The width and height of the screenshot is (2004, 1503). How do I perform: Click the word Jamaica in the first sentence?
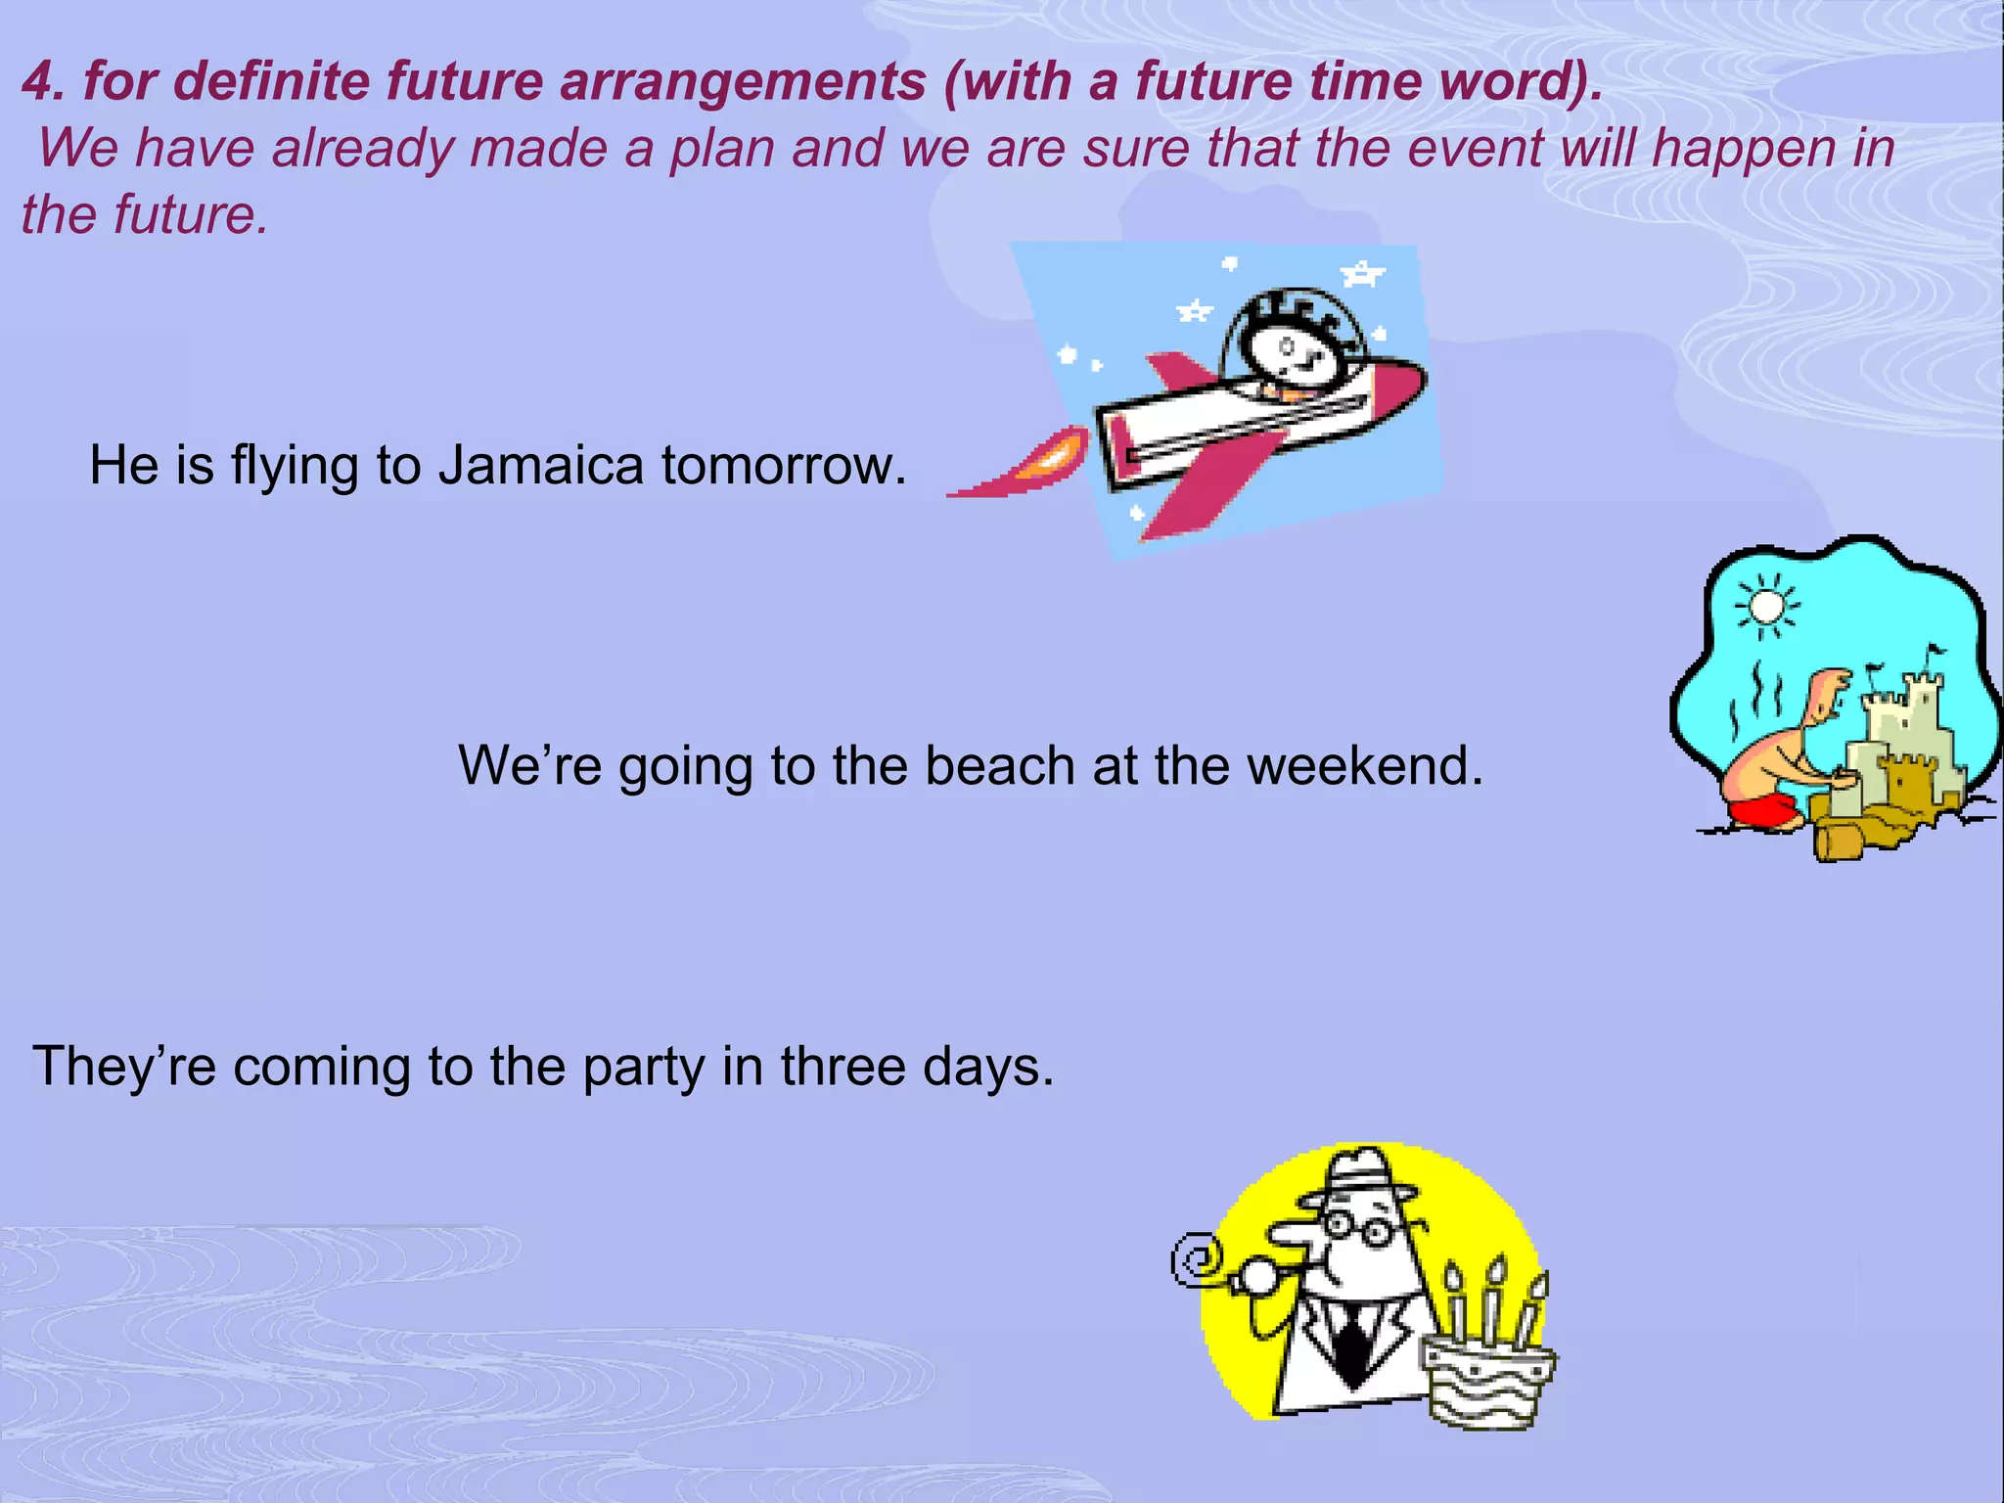click(x=540, y=466)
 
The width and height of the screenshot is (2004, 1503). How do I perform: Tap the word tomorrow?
click(x=783, y=466)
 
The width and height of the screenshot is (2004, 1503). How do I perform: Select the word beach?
click(x=999, y=766)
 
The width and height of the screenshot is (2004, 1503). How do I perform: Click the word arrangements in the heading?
click(x=743, y=81)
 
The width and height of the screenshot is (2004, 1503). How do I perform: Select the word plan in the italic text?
click(x=723, y=149)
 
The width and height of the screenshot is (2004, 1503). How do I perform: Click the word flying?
click(x=295, y=468)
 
